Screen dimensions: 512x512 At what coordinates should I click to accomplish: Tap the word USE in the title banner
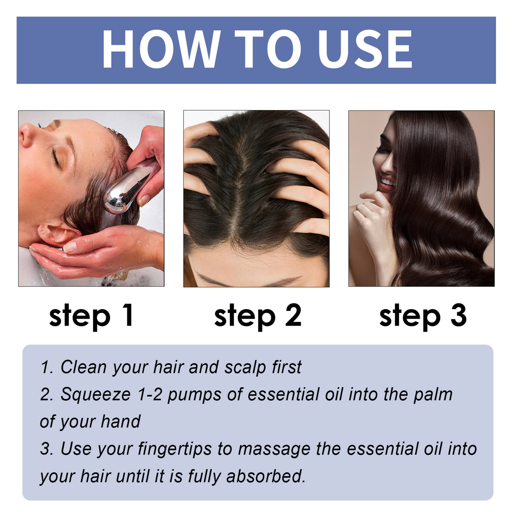(x=365, y=49)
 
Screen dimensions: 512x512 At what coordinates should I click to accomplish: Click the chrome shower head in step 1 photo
(x=126, y=190)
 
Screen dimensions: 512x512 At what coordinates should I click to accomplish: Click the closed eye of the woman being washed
(x=56, y=158)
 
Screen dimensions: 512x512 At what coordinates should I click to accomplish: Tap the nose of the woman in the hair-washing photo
(x=26, y=135)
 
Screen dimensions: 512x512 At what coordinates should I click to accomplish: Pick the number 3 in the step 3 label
(x=458, y=315)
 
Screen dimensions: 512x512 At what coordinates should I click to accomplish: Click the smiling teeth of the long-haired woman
(x=387, y=183)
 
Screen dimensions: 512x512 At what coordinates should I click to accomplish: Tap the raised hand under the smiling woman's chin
(x=371, y=211)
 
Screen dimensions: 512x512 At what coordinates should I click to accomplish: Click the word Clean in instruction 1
(x=83, y=367)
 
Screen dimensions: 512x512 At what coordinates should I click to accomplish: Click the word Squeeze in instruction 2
(x=95, y=394)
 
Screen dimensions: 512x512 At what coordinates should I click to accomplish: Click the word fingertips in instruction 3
(x=175, y=449)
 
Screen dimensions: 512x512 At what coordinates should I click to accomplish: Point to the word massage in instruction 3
(x=274, y=449)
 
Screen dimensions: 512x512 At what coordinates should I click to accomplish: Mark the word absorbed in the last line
(x=265, y=476)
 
